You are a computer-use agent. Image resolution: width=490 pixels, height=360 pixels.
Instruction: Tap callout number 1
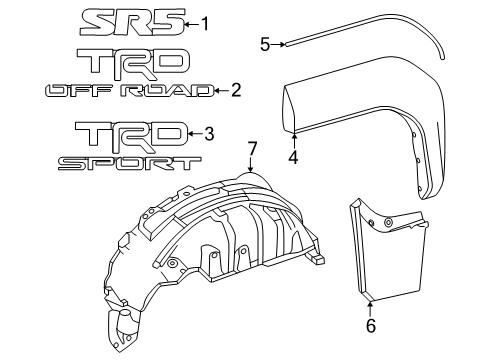tap(206, 23)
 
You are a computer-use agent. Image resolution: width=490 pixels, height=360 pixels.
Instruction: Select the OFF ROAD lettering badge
tap(128, 91)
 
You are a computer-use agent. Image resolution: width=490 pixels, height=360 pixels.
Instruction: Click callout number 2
tap(236, 90)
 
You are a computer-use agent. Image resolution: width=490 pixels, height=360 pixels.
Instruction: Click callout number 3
tap(208, 132)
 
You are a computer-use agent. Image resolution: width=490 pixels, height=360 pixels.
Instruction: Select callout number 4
tap(294, 156)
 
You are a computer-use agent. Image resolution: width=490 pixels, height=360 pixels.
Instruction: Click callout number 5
tap(265, 43)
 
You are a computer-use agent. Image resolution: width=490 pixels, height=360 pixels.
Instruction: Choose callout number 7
tap(252, 147)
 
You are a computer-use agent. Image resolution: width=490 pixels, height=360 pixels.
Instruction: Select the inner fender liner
tap(210, 240)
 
